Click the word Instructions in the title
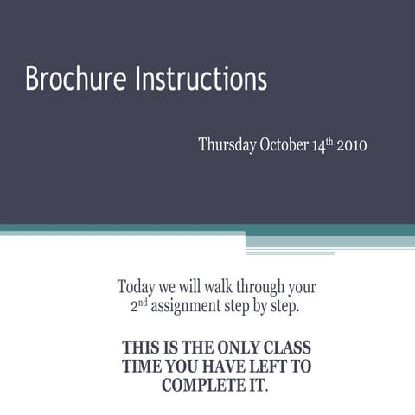coord(201,80)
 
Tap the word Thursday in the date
coord(227,144)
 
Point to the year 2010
coord(351,144)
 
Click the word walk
coord(214,286)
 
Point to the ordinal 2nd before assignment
coord(137,305)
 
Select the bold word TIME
coord(142,367)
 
